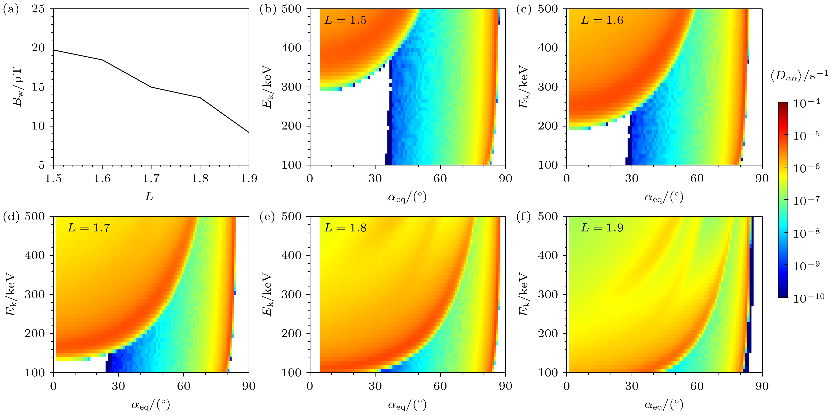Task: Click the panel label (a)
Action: pos(10,10)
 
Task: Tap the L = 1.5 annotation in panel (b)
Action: pos(345,20)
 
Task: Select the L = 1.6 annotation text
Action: pos(602,20)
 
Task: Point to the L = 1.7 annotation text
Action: pos(89,228)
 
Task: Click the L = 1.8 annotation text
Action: pos(345,228)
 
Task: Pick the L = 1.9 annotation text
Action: pos(602,228)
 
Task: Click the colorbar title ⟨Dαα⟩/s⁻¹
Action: pos(799,77)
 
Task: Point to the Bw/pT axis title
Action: pos(17,87)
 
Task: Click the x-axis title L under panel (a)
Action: pos(149,196)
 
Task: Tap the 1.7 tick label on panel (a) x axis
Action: pos(151,178)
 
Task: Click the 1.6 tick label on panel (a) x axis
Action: pos(102,178)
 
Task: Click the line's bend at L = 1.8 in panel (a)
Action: pos(200,98)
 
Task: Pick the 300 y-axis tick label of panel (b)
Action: pos(291,87)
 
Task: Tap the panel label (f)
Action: pos(523,217)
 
